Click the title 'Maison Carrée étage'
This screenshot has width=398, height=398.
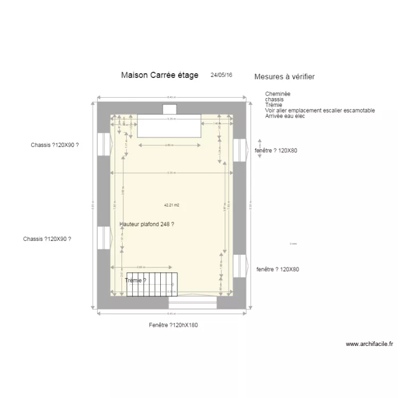(x=159, y=75)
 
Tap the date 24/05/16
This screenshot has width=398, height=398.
(x=221, y=75)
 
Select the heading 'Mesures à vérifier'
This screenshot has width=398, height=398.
(x=284, y=77)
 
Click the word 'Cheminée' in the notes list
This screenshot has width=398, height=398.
(x=278, y=94)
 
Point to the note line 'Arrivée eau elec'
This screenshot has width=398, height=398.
(x=285, y=116)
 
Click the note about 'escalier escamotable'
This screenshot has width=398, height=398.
(x=320, y=110)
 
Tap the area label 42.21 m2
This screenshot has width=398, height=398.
(x=171, y=204)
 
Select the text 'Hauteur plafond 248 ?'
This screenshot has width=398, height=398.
(x=148, y=224)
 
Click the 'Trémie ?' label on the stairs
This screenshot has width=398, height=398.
(x=136, y=280)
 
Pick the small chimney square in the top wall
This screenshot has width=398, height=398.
(x=169, y=109)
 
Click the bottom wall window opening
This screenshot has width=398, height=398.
(x=193, y=302)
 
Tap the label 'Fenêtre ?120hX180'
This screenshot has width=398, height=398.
(x=174, y=325)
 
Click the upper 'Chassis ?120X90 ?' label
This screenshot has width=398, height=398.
(x=58, y=145)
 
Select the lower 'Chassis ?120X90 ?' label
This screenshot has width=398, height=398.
(x=47, y=239)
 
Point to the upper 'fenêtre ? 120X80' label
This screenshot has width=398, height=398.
(x=276, y=151)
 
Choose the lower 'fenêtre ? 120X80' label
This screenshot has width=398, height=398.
(x=278, y=270)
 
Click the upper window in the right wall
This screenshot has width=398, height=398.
(x=239, y=150)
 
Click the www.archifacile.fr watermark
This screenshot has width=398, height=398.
(x=369, y=344)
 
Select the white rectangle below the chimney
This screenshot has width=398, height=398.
(x=169, y=126)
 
